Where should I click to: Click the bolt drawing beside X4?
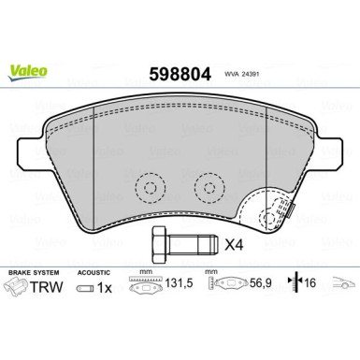pyautogui.click(x=174, y=245)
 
